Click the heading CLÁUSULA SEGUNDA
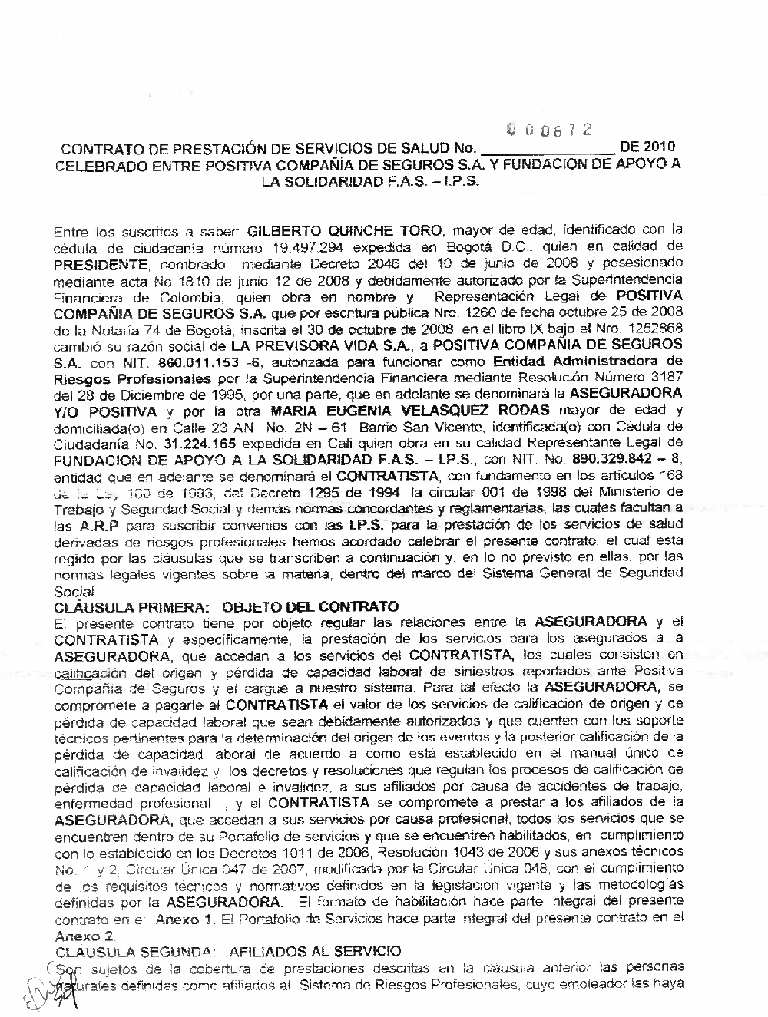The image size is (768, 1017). click(x=132, y=952)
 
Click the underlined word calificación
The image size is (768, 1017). click(x=88, y=672)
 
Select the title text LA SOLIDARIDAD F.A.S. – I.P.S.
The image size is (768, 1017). click(x=369, y=183)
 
